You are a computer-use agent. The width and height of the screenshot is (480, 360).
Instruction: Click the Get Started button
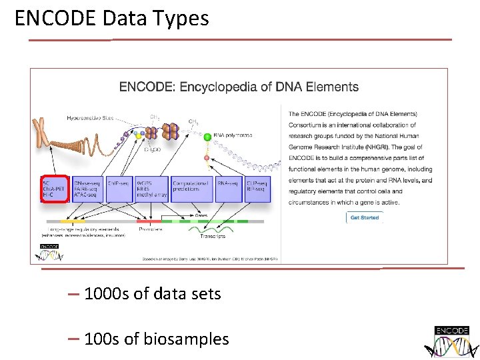coord(365,217)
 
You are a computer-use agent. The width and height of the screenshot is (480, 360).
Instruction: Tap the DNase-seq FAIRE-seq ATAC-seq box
coord(87,189)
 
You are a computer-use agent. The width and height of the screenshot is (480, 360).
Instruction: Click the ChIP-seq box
coord(118,189)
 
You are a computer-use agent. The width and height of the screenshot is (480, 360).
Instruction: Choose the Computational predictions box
coord(191,189)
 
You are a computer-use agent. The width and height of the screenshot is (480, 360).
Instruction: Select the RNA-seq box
coord(229,189)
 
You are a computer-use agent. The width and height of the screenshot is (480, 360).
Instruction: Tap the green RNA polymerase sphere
coord(207,137)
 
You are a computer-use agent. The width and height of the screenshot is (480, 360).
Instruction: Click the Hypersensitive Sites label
coord(90,118)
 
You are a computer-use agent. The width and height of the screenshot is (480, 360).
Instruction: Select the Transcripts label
coord(212,236)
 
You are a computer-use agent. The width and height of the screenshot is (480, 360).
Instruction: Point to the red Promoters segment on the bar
coord(149,221)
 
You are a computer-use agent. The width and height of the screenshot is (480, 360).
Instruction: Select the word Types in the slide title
coord(180,18)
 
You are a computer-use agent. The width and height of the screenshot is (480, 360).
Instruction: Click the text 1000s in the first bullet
coord(107,293)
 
